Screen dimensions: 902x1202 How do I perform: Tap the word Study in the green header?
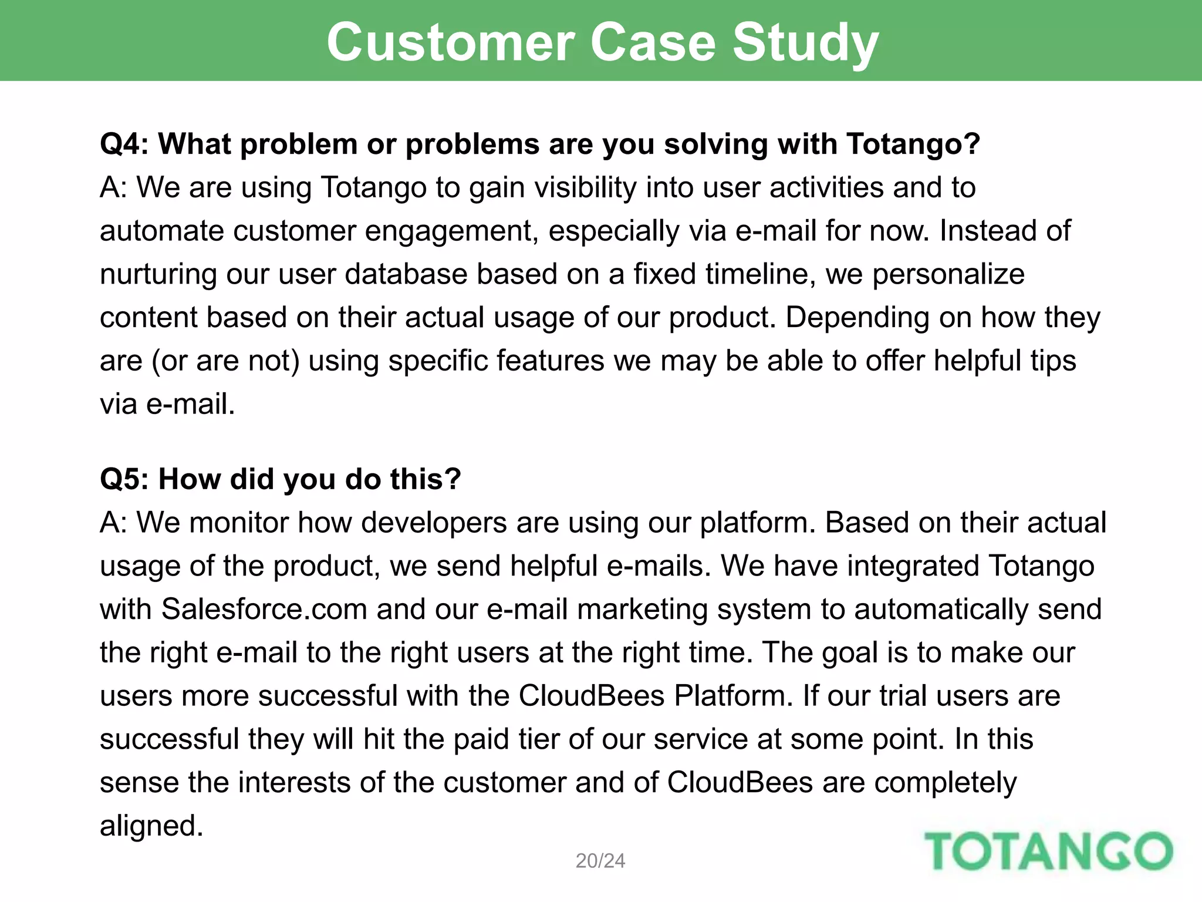(x=805, y=42)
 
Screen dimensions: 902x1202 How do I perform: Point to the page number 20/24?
(x=600, y=861)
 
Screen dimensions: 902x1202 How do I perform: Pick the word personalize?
(x=948, y=274)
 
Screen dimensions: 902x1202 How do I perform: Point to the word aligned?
(x=151, y=826)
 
